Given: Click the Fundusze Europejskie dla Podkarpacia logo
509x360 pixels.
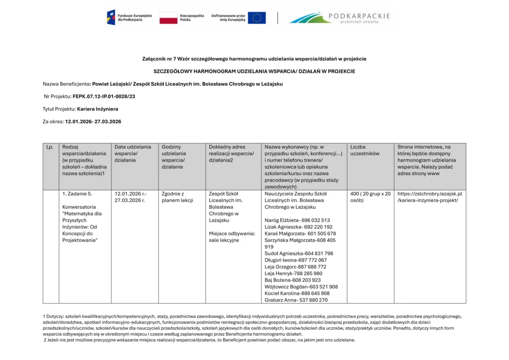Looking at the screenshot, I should (124, 17).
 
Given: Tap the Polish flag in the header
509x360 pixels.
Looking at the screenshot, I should (169, 18).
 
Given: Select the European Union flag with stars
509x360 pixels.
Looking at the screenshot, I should (256, 18).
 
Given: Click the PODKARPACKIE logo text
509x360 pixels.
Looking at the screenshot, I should (359, 16).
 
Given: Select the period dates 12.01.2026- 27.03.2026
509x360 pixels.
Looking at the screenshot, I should (93, 121).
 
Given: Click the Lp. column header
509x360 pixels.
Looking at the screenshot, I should (50, 147).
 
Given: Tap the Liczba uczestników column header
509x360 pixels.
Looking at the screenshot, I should (364, 150).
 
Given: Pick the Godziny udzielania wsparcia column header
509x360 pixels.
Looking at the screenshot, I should (173, 157).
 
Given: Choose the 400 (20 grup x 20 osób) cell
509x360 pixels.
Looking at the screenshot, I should (370, 197).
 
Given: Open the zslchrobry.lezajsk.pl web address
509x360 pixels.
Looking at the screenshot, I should (429, 197).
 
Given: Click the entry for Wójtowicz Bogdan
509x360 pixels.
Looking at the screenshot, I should (301, 287).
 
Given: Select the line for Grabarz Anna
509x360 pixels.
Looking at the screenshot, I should (296, 300).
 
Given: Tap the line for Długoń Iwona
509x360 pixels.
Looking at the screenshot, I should (295, 260).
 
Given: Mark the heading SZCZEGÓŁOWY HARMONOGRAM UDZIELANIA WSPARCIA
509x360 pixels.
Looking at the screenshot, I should (254, 72).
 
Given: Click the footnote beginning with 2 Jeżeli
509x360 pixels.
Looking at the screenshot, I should (199, 340).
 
